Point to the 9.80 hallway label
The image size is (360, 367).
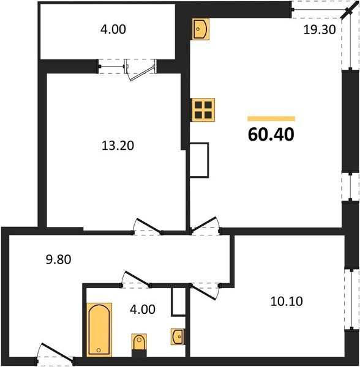pos(59,259)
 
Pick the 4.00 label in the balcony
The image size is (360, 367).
pos(111,29)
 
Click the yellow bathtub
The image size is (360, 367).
pos(99,328)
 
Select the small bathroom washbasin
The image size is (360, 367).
pos(177,336)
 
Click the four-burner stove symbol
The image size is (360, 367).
pos(203,109)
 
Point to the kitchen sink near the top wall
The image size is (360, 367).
pos(201,28)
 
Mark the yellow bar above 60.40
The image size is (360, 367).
pos(271,119)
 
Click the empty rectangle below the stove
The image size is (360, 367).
pos(200,160)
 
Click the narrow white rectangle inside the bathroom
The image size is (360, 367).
pos(178,302)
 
